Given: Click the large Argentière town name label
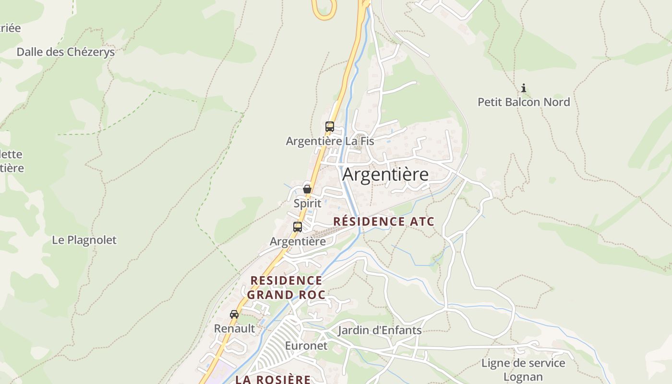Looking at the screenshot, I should click(x=385, y=175).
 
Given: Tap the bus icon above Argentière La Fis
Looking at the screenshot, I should click(x=330, y=127).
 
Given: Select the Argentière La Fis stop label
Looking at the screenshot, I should click(x=330, y=141).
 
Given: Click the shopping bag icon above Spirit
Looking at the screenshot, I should click(x=307, y=189).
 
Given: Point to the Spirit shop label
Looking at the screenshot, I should click(x=307, y=203).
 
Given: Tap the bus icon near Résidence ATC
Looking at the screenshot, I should click(x=298, y=227).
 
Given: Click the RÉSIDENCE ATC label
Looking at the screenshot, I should click(x=384, y=221).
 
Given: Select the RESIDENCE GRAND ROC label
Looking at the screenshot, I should click(x=286, y=288).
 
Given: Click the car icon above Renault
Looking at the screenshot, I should click(x=234, y=314).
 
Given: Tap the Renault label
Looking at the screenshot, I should click(x=234, y=329).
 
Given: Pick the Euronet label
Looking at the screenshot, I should click(x=306, y=346).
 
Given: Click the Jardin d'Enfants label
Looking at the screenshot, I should click(x=380, y=330).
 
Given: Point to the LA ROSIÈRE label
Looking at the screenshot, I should click(x=273, y=379).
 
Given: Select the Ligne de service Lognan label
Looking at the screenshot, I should click(x=523, y=370).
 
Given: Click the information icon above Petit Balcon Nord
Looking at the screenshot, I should click(x=524, y=88).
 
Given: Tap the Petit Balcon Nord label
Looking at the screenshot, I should click(x=524, y=102).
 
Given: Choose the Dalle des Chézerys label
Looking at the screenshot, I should click(x=66, y=52).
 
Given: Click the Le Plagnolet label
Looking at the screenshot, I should click(x=84, y=240).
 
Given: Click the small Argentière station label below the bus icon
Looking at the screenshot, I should click(x=298, y=241).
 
